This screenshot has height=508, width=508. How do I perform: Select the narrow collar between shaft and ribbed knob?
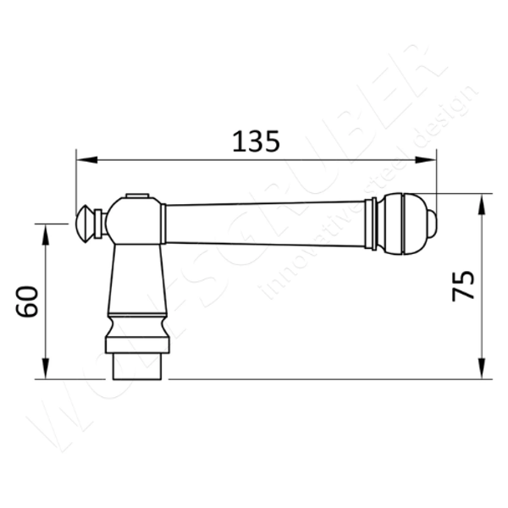(x=371, y=224)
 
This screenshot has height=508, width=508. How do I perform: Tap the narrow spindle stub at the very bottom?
(x=137, y=367)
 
